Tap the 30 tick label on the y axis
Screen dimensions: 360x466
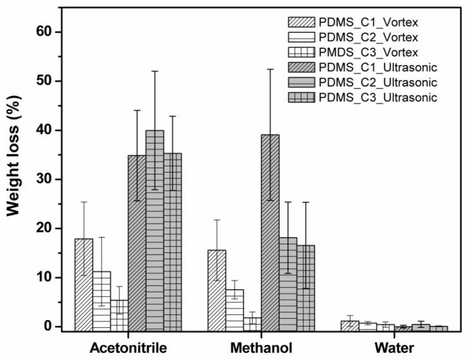pos(52,180)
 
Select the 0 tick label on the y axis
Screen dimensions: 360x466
pos(55,327)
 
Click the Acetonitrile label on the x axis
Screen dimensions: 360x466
pos(128,348)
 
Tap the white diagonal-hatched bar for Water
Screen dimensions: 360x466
pos(349,325)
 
